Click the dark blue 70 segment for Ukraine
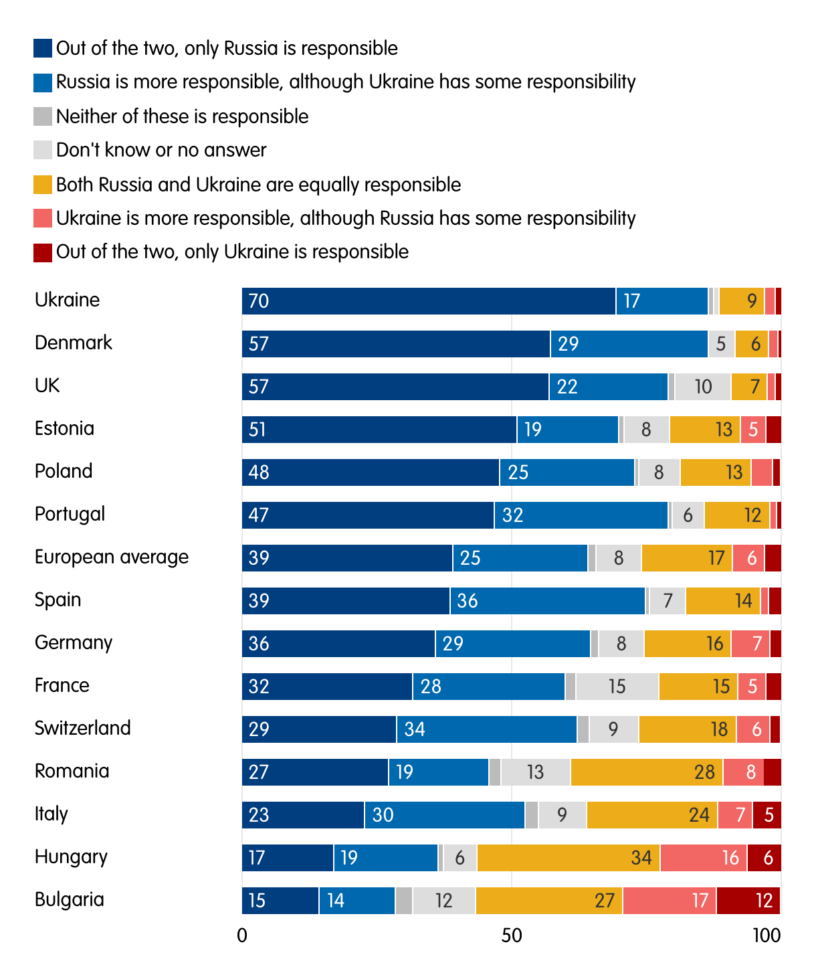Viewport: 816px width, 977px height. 428,301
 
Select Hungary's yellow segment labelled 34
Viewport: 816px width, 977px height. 569,858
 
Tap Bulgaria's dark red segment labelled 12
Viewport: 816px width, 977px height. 748,901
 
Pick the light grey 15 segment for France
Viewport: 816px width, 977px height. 617,687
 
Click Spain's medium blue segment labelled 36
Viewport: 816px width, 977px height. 547,601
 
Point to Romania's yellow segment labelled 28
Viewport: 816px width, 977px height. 646,772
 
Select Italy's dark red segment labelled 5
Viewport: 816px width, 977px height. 767,815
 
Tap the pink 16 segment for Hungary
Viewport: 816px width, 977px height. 704,858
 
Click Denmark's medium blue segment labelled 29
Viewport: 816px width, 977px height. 629,344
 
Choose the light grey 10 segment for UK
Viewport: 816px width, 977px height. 702,387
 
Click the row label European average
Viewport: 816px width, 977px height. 112,557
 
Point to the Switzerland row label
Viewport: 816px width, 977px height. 83,728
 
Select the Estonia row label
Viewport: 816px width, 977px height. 64,428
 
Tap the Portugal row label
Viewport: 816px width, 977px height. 70,514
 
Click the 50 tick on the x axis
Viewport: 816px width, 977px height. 511,936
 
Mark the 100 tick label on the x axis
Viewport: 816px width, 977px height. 767,936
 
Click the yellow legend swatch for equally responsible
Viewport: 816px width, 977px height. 43,185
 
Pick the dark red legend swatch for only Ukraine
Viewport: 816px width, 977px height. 43,252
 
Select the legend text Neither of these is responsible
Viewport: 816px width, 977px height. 182,116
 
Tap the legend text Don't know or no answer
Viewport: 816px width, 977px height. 161,150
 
